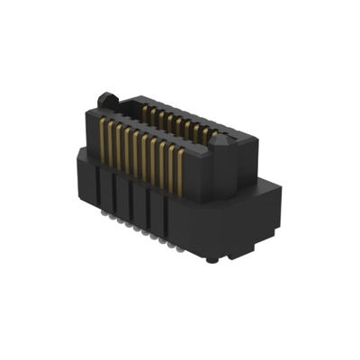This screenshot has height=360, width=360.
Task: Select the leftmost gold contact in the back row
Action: pyautogui.click(x=145, y=112)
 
